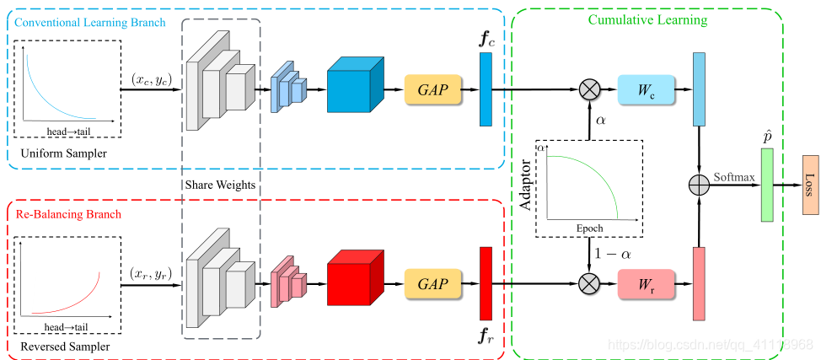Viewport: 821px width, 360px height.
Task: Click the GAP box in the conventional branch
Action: (433, 89)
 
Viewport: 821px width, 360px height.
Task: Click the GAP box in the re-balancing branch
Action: (433, 283)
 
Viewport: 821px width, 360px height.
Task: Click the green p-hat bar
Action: (766, 185)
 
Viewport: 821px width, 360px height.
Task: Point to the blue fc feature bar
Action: (486, 89)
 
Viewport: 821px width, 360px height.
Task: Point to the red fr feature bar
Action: (486, 283)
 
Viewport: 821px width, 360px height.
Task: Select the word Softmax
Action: (734, 178)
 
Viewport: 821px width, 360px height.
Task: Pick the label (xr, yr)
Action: (152, 273)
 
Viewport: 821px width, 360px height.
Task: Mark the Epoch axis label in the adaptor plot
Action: (589, 228)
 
